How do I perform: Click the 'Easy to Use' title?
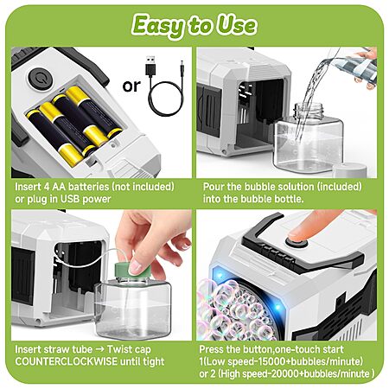coord(194,25)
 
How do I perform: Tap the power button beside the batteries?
coord(41,78)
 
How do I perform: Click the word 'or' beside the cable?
coord(131,86)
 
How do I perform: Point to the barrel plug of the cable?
coord(182,68)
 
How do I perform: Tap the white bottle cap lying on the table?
coord(350,170)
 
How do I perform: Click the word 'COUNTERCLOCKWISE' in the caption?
coord(66,361)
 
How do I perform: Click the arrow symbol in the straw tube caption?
coord(99,349)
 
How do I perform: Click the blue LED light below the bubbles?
coord(278,307)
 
